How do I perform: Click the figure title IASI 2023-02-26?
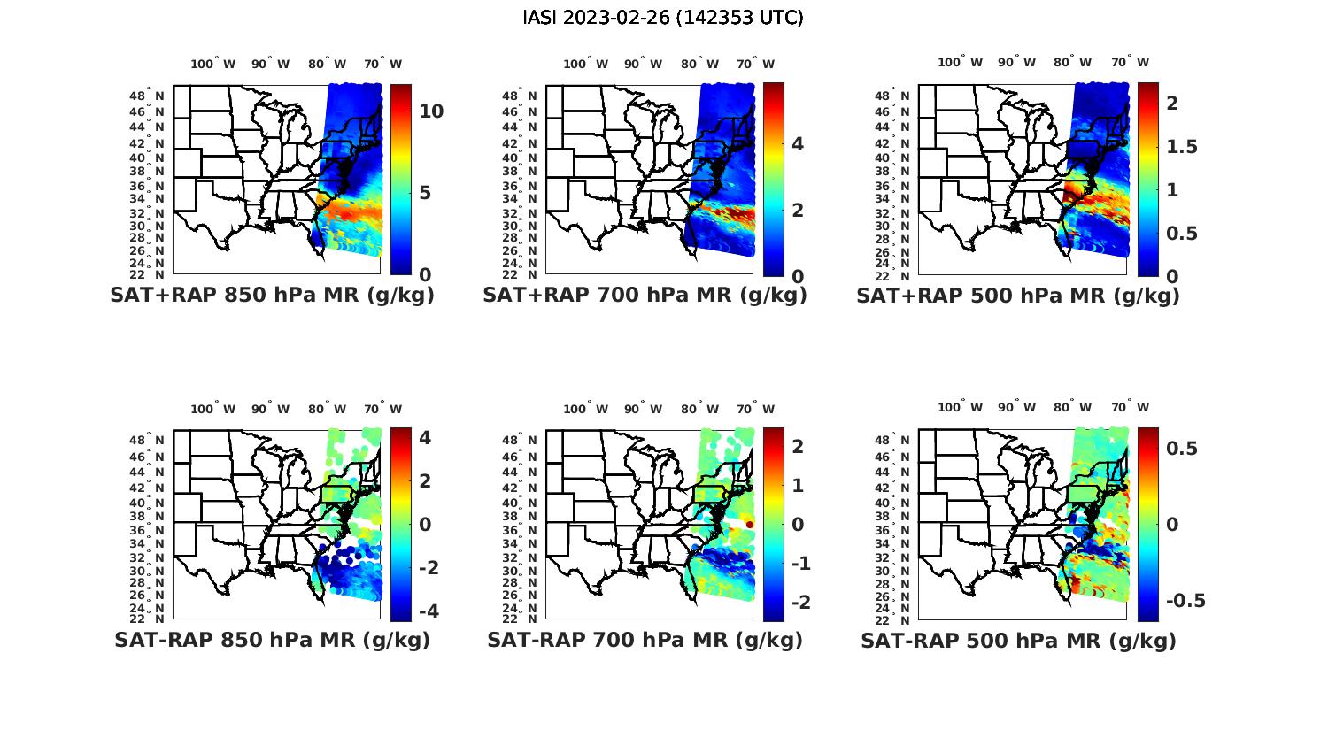[x=663, y=18]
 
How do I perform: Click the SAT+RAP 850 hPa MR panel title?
[x=272, y=296]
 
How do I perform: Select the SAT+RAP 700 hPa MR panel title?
[x=645, y=296]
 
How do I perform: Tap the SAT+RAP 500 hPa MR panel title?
[x=1018, y=296]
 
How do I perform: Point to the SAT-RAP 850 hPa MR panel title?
[x=272, y=640]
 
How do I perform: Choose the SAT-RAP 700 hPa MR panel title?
[x=645, y=640]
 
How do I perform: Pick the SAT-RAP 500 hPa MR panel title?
[x=1018, y=640]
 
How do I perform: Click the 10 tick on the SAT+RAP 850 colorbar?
[x=431, y=111]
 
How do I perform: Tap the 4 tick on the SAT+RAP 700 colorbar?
[x=797, y=143]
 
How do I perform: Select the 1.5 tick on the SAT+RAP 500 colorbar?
[x=1183, y=146]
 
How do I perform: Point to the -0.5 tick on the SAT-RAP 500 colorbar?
[x=1185, y=601]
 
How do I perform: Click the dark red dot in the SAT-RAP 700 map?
[x=749, y=525]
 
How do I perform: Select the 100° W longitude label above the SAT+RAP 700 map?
[x=585, y=64]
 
